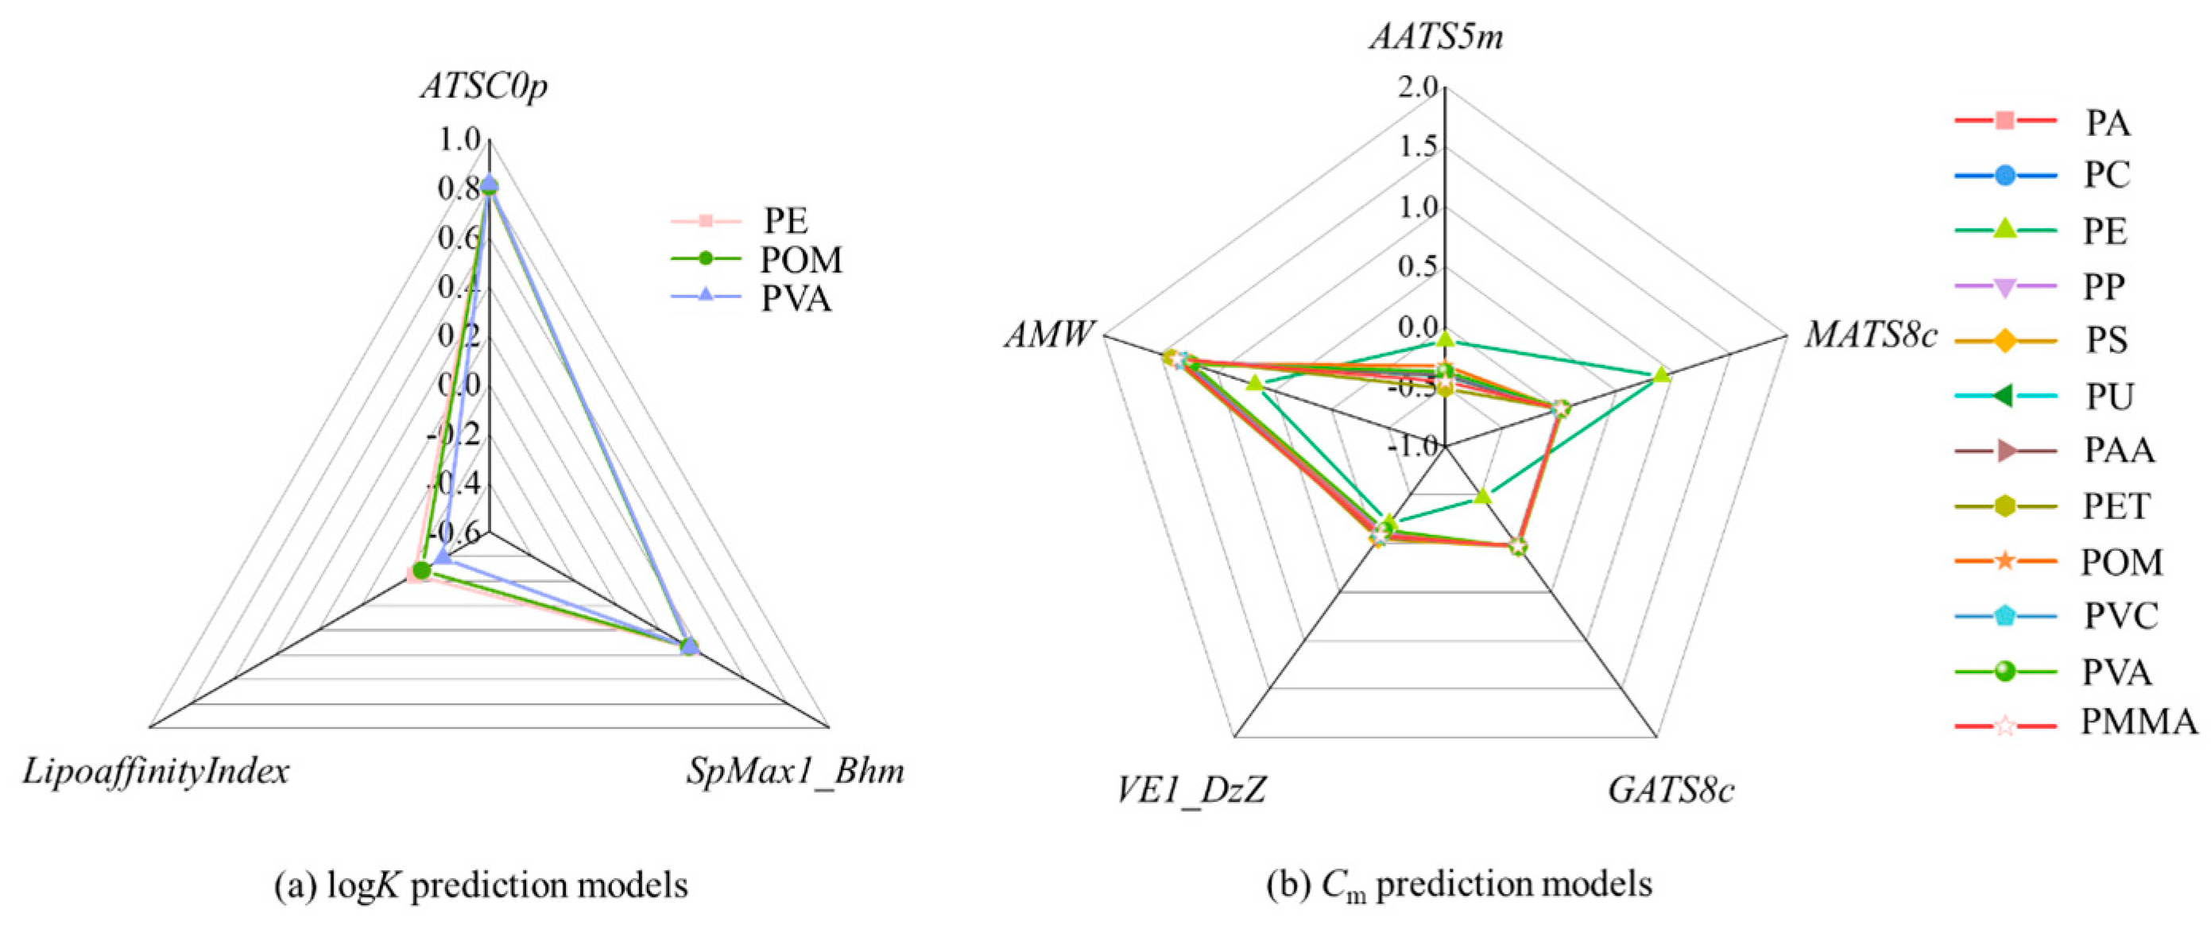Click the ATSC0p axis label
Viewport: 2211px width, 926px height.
pyautogui.click(x=484, y=87)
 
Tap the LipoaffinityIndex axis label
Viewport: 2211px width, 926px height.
pyautogui.click(x=155, y=772)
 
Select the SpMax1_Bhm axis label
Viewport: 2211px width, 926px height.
pyautogui.click(x=795, y=772)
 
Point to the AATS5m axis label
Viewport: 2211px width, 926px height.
pyautogui.click(x=1437, y=38)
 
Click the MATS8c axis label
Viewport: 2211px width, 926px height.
pyautogui.click(x=1871, y=335)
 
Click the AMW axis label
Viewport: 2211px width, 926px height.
pyautogui.click(x=1050, y=335)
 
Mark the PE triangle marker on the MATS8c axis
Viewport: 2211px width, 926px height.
pyautogui.click(x=1661, y=374)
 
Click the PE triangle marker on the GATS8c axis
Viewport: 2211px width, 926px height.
pyautogui.click(x=1482, y=495)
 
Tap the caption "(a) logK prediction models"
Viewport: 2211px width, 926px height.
pyautogui.click(x=481, y=885)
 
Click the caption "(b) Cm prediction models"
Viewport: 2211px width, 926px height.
pyautogui.click(x=1459, y=885)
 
